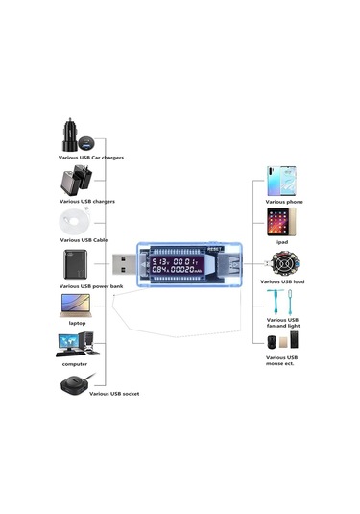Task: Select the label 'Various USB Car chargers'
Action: [88, 156]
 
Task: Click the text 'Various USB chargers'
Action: [87, 202]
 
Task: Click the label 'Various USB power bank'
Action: [91, 285]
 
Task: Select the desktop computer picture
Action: [75, 345]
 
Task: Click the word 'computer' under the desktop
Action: [75, 364]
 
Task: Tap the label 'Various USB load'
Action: [285, 282]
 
